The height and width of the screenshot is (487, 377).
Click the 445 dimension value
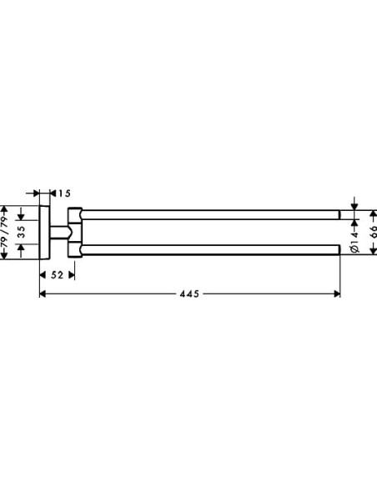(x=189, y=294)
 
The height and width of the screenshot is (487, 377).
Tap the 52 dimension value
(x=58, y=275)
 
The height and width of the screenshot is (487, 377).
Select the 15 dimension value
(x=64, y=193)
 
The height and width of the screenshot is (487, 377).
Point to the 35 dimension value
(x=21, y=232)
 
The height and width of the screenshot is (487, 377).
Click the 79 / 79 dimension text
(x=5, y=231)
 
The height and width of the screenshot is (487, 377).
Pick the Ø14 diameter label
(x=355, y=242)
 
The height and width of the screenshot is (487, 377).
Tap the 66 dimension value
(x=373, y=232)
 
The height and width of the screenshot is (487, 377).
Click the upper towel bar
(x=210, y=214)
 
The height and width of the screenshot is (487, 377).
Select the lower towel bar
(x=210, y=249)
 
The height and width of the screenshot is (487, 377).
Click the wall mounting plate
(x=44, y=232)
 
